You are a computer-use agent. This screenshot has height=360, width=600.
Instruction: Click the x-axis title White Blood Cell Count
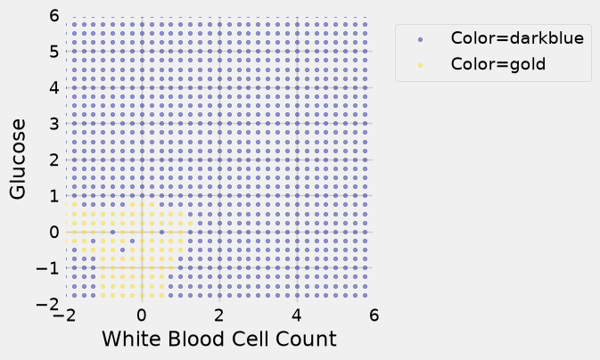(219, 339)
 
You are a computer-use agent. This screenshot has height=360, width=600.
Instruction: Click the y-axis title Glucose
(18, 159)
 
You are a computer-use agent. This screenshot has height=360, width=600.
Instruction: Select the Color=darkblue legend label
(517, 38)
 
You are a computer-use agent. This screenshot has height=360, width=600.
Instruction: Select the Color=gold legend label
(498, 64)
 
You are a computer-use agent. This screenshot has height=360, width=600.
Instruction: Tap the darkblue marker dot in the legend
(421, 39)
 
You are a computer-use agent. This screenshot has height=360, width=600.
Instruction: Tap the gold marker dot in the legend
(421, 65)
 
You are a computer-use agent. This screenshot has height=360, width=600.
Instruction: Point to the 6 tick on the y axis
(54, 16)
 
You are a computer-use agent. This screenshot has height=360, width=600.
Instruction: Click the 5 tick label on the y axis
(54, 52)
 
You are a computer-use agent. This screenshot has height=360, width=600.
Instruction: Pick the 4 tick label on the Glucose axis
(54, 87)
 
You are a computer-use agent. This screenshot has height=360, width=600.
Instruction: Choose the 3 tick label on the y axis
(54, 124)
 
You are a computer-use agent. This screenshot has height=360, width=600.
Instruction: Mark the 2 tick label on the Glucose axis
(54, 160)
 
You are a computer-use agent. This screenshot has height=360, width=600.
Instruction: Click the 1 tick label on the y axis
(54, 196)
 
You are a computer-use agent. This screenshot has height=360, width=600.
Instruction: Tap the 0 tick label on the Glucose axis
(54, 232)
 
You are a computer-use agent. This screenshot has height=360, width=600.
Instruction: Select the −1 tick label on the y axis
(48, 268)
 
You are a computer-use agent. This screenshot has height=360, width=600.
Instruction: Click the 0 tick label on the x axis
(142, 315)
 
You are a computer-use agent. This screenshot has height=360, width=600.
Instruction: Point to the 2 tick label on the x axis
(219, 315)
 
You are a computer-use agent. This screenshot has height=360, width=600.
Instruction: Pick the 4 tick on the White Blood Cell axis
(297, 315)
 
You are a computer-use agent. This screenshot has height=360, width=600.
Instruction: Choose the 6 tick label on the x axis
(374, 315)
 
